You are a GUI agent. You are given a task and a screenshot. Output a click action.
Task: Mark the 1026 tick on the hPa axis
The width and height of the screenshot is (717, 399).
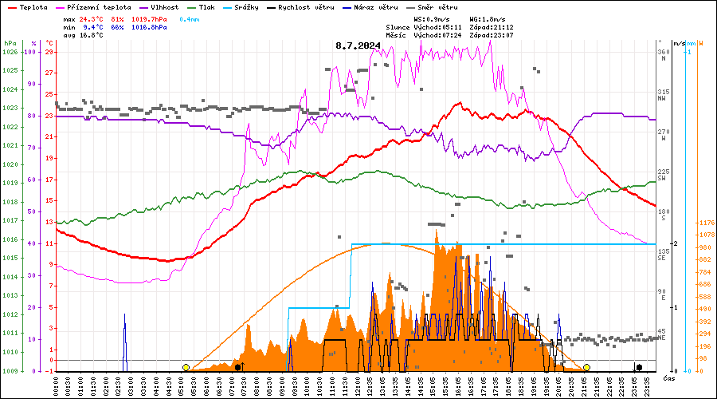click(10, 52)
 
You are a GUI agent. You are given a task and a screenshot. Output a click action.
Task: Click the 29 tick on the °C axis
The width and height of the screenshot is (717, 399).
click(49, 52)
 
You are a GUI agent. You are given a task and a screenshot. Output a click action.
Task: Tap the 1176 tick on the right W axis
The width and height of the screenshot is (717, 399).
click(705, 223)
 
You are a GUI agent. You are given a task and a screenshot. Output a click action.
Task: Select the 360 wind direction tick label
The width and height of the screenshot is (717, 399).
click(662, 52)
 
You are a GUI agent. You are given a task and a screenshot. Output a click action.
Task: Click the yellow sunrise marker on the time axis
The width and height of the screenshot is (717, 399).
click(186, 367)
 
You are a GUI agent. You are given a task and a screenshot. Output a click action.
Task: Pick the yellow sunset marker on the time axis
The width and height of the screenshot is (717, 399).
click(586, 367)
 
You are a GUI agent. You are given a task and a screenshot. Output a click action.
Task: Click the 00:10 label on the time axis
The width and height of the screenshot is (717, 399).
click(56, 386)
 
